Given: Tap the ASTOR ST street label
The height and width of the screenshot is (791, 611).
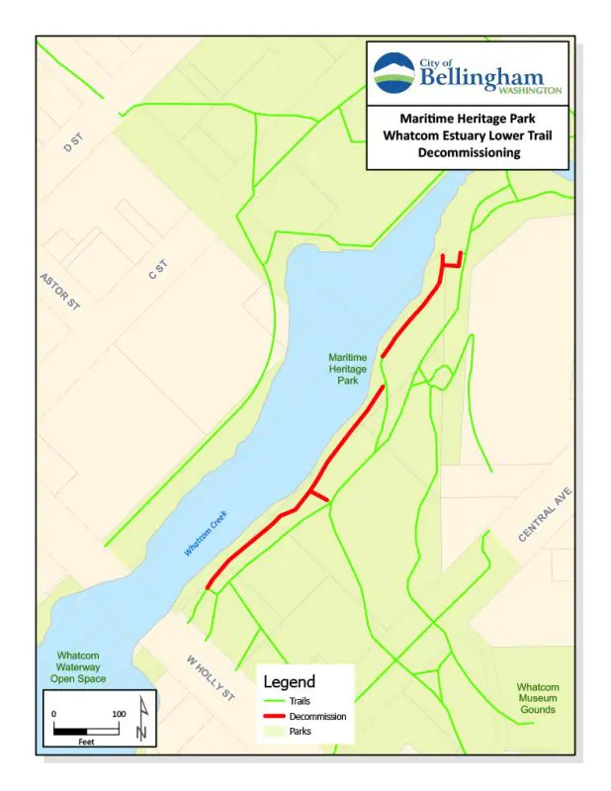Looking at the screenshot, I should [x=59, y=291].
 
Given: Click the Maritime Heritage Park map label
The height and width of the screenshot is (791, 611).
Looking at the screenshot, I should [x=348, y=368].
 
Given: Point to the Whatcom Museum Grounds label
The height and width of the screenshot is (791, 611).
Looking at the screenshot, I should [x=538, y=698].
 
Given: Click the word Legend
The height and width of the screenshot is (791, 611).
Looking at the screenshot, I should [x=289, y=681].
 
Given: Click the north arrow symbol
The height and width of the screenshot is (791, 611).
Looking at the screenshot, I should [x=144, y=718].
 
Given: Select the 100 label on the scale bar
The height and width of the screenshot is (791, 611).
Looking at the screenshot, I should [x=119, y=714].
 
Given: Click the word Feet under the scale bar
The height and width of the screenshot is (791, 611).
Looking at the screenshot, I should [x=86, y=740].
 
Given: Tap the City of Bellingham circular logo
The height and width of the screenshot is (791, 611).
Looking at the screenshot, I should [x=395, y=72].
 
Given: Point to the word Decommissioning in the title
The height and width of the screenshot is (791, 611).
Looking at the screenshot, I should [x=468, y=153].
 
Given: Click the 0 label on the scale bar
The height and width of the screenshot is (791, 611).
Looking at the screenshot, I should [x=54, y=714].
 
